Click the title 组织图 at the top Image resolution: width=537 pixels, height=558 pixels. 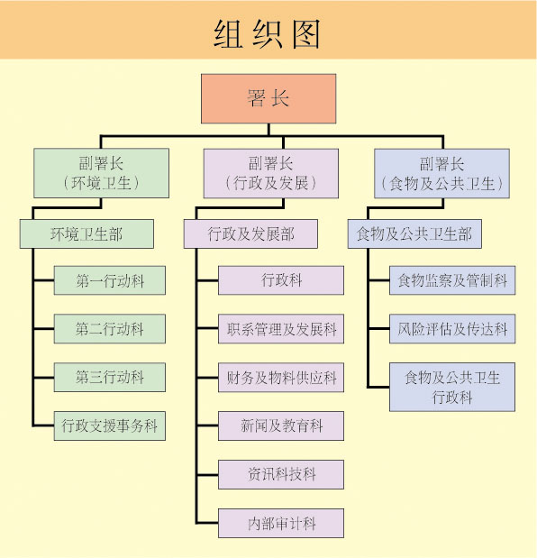pyautogui.click(x=268, y=32)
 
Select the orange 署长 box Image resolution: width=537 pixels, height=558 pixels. pyautogui.click(x=268, y=98)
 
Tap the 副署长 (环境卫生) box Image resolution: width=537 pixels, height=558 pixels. pyautogui.click(x=101, y=173)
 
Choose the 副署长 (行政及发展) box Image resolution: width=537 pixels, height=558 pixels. pyautogui.click(x=270, y=173)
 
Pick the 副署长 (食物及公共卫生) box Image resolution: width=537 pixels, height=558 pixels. pyautogui.click(x=441, y=173)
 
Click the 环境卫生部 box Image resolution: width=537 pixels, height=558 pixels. pyautogui.click(x=86, y=234)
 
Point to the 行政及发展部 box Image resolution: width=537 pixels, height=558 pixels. pyautogui.click(x=251, y=234)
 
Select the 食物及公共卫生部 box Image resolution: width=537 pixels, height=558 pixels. pyautogui.click(x=414, y=234)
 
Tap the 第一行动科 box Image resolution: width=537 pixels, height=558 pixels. pyautogui.click(x=110, y=281)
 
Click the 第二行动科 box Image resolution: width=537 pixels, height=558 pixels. pyautogui.click(x=110, y=329)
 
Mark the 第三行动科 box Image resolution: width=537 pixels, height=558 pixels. pyautogui.click(x=110, y=377)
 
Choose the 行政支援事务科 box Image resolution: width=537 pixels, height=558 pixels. pyautogui.click(x=110, y=425)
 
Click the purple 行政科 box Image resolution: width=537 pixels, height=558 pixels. pyautogui.click(x=281, y=281)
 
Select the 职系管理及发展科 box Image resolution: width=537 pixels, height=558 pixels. pyautogui.click(x=281, y=329)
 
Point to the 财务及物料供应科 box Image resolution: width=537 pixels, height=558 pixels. pyautogui.click(x=281, y=377)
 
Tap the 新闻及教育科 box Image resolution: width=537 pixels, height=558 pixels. pyautogui.click(x=281, y=425)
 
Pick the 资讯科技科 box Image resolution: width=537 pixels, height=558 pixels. pyautogui.click(x=281, y=473)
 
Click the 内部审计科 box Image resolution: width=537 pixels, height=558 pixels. pyautogui.click(x=281, y=521)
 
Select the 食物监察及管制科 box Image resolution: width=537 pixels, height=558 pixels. pyautogui.click(x=452, y=281)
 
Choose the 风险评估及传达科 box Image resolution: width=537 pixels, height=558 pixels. pyautogui.click(x=452, y=329)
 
